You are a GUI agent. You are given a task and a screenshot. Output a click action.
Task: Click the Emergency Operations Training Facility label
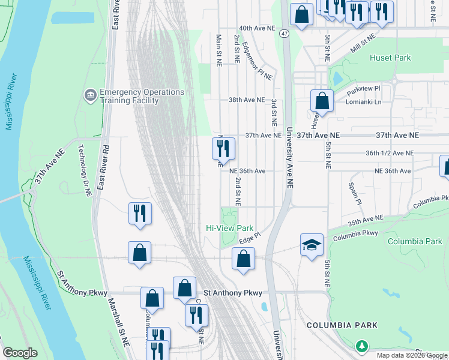pyautogui.click(x=142, y=96)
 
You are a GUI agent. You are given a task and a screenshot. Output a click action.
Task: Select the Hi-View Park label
pyautogui.click(x=229, y=228)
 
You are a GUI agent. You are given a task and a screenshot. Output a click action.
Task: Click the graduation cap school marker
pyautogui.click(x=312, y=245)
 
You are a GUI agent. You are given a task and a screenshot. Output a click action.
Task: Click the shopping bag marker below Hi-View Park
pyautogui.click(x=243, y=260)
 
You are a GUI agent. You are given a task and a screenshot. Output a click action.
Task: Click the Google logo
pyautogui.click(x=20, y=352)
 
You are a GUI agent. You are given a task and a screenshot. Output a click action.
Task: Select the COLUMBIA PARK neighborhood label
pyautogui.click(x=342, y=325)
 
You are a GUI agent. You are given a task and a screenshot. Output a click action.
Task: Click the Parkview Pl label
pyautogui.click(x=364, y=88)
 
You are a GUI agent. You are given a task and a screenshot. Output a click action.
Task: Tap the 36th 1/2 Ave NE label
pyautogui.click(x=390, y=153)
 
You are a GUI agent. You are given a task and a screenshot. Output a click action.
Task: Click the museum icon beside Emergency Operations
pyautogui.click(x=90, y=95)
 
